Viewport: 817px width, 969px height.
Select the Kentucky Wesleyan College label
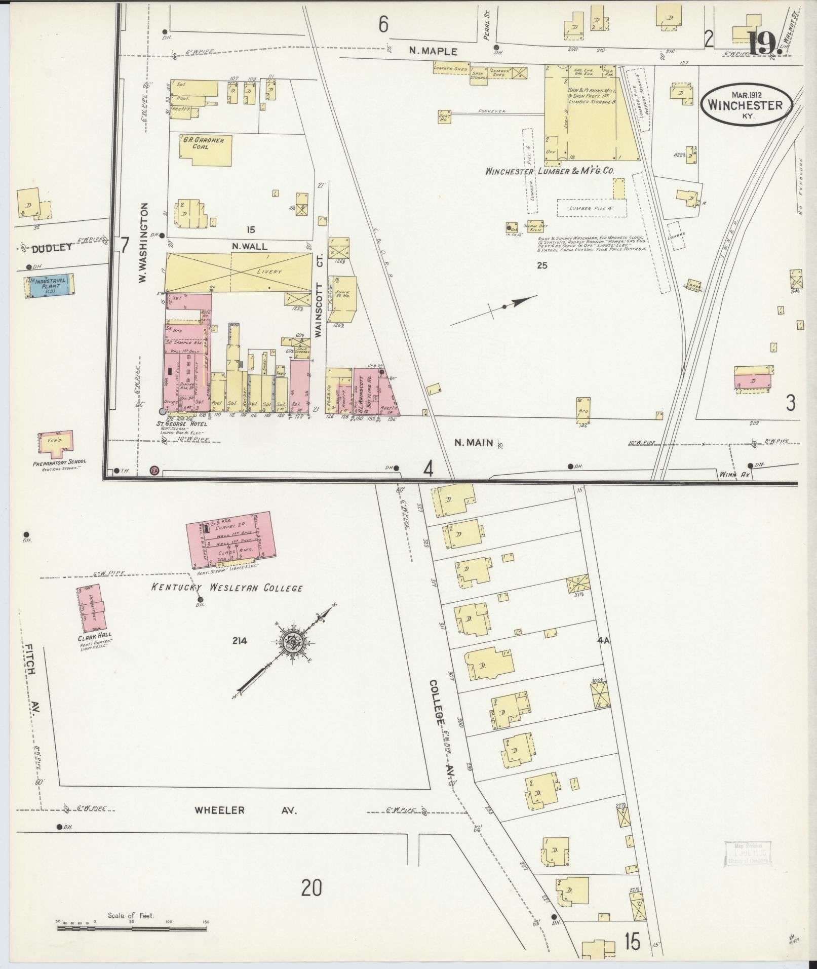[227, 588]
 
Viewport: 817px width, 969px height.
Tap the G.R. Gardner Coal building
[206, 149]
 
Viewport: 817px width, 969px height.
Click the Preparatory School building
[55, 443]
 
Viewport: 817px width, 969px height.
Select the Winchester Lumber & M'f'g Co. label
[550, 171]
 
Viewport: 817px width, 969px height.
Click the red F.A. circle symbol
[154, 471]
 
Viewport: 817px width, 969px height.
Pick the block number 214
[239, 641]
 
